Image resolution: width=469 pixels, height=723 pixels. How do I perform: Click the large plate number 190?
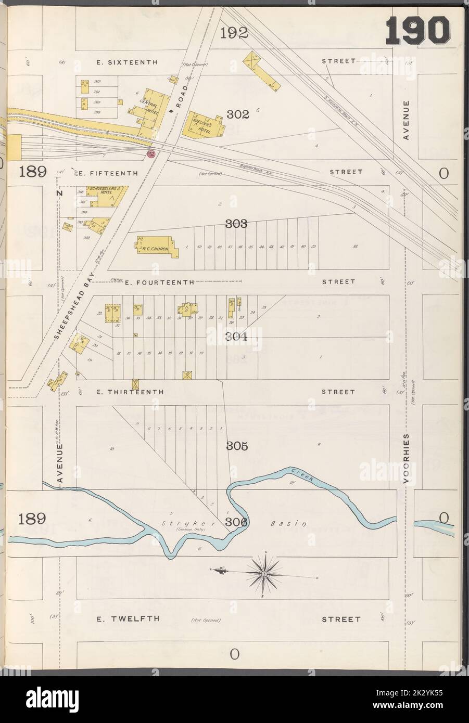418,31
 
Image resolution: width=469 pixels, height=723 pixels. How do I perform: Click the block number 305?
237,446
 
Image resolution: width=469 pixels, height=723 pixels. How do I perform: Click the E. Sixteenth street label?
127,62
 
